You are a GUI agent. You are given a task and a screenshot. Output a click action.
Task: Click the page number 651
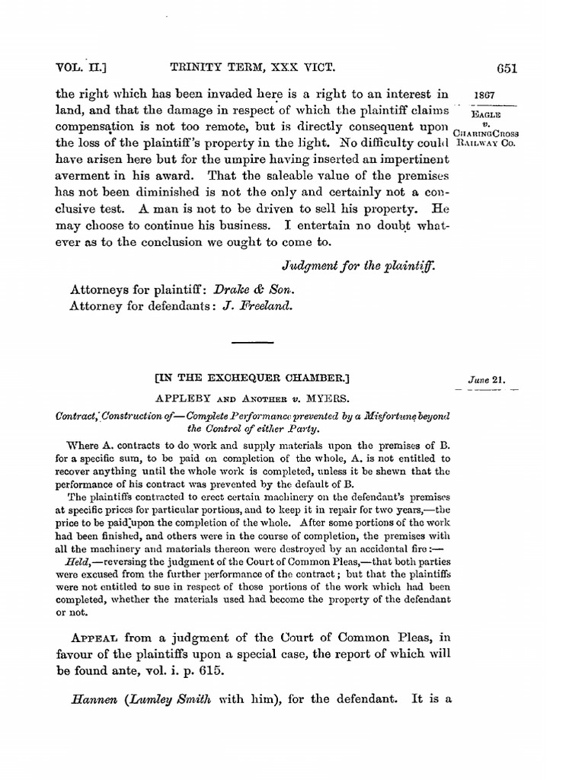point(507,68)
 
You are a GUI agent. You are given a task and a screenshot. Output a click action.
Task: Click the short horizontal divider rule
point(251,344)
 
